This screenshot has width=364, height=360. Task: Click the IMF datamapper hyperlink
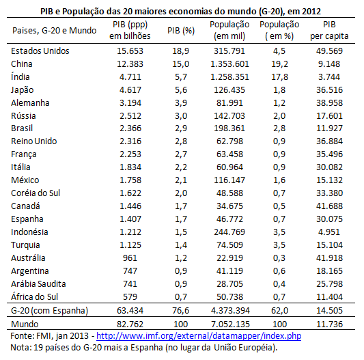199,336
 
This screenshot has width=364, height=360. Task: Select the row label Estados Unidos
40,51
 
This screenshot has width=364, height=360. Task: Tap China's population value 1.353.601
229,64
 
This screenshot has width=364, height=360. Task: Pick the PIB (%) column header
181,31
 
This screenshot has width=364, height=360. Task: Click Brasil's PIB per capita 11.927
329,128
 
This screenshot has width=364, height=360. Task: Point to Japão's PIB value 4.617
130,90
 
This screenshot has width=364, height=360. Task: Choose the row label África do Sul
34,296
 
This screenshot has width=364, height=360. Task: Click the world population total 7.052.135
230,324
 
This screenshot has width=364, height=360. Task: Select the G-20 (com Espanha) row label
49,311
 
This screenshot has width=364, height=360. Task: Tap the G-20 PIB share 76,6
180,311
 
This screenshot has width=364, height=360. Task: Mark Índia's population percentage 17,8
279,77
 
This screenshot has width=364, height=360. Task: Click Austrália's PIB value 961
130,258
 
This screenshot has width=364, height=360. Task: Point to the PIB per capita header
329,31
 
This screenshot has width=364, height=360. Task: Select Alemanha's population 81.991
229,103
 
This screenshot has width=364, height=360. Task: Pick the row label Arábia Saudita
38,283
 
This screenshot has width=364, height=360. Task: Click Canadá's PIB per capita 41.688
329,206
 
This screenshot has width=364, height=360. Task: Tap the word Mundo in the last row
25,324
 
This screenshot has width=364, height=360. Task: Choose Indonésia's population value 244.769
229,232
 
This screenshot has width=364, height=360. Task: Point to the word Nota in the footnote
20,348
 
